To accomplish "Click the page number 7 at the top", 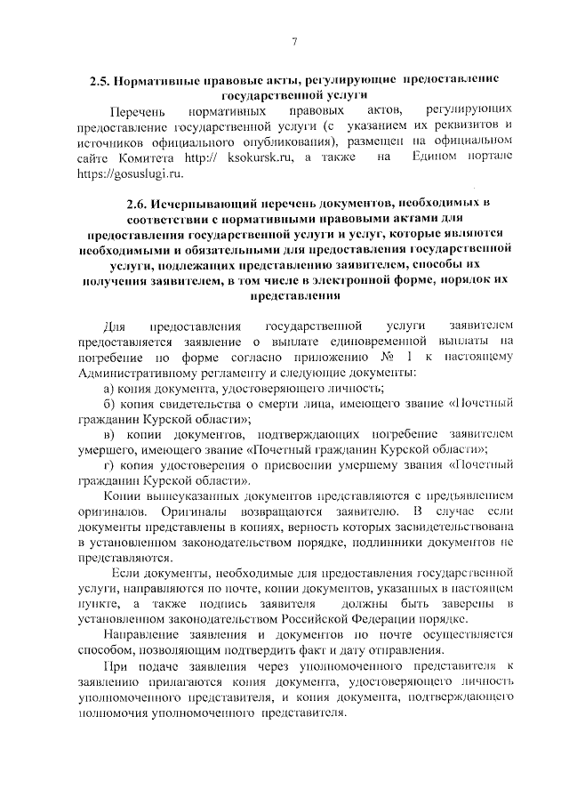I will click(293, 42).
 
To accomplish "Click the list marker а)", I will click(112, 388).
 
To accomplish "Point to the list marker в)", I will click(112, 434).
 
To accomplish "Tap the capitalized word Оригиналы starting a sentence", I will click(112, 511).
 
